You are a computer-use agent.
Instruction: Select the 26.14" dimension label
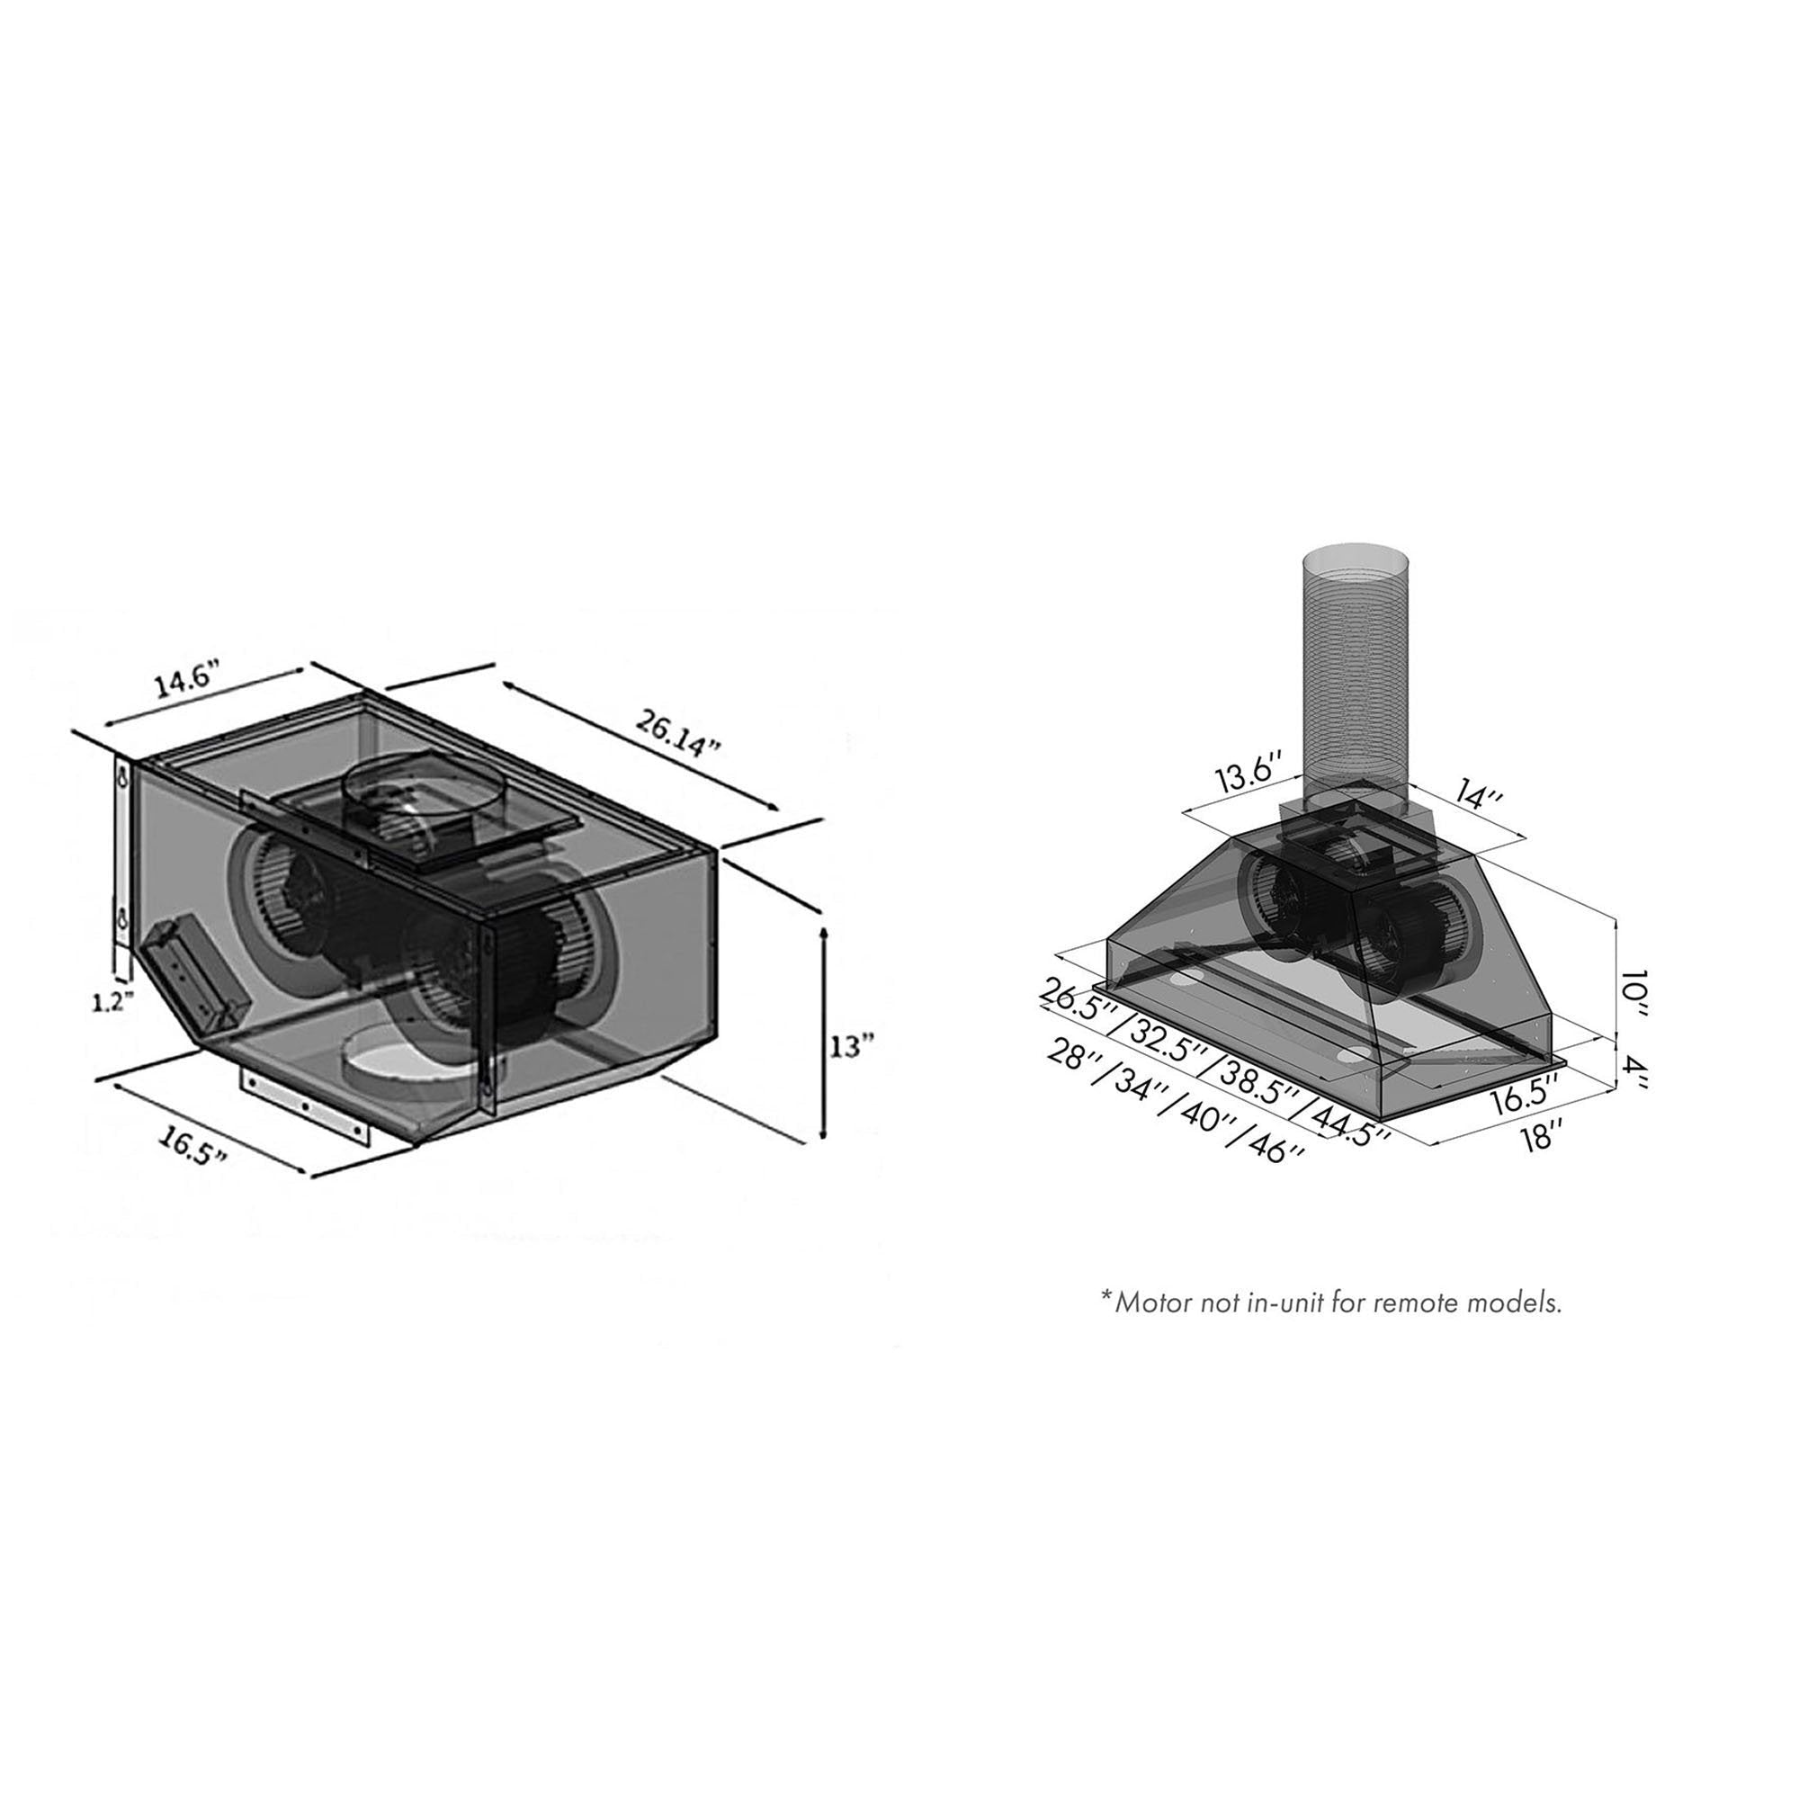pyautogui.click(x=678, y=734)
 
